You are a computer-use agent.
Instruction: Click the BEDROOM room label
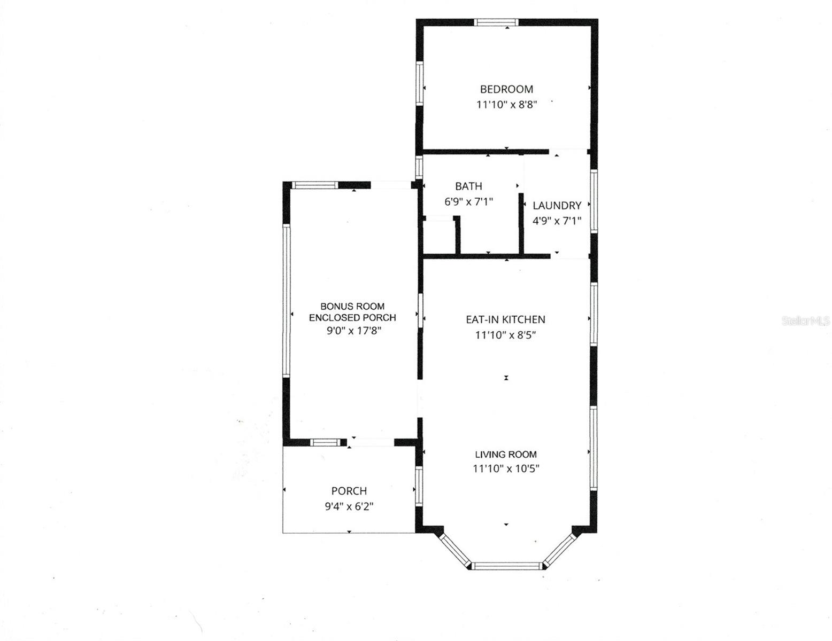click(506, 89)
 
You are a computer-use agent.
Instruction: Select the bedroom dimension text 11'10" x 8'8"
click(506, 105)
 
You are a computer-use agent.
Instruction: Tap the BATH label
click(468, 186)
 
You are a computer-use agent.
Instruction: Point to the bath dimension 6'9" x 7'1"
click(468, 202)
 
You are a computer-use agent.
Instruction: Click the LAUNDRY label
click(557, 206)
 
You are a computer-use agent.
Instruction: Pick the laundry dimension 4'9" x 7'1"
click(557, 221)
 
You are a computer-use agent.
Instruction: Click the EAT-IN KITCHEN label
click(505, 319)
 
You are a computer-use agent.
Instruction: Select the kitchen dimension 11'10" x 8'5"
click(505, 335)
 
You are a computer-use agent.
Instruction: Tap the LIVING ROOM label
click(506, 455)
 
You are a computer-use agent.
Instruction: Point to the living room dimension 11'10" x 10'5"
click(506, 469)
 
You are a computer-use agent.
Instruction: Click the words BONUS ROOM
click(352, 306)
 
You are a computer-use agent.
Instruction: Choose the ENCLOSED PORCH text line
click(352, 317)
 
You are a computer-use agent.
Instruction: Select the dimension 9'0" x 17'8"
click(353, 331)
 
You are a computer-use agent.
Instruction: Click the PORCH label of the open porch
click(349, 491)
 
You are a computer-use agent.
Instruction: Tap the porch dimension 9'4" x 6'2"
click(349, 506)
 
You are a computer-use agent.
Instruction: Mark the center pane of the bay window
click(506, 566)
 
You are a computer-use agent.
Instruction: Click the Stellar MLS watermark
click(806, 321)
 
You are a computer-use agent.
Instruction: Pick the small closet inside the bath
click(438, 236)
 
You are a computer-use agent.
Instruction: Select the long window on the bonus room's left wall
click(287, 300)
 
